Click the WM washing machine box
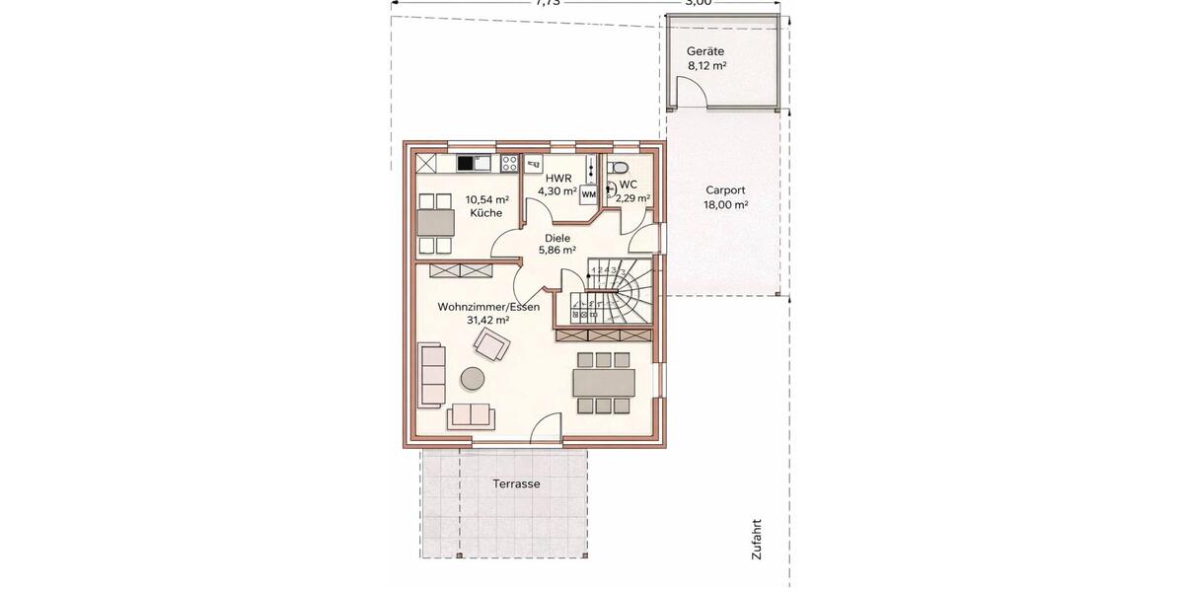coord(588,194)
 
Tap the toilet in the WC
coord(618,167)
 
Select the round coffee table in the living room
coord(473,378)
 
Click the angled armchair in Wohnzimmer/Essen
coord(491,344)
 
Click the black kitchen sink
coord(466,164)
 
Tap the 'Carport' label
coord(725,190)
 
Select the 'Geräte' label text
coord(706,51)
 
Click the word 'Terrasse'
coord(516,484)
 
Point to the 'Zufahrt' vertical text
coord(757,540)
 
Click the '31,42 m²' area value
coord(487,320)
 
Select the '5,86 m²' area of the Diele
coord(557,251)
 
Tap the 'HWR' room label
coord(558,178)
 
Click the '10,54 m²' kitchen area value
coord(486,199)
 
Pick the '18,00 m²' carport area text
coord(725,204)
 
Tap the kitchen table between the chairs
coord(435,219)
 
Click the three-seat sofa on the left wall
coord(431,374)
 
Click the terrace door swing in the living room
coord(544,428)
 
